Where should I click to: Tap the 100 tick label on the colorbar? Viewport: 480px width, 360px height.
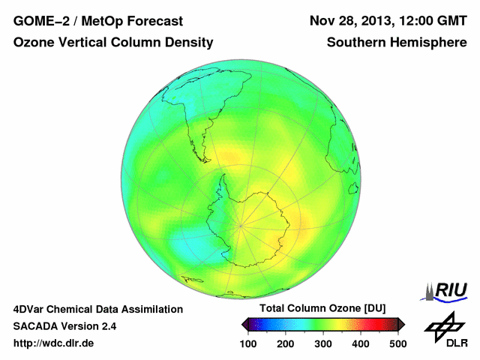249,343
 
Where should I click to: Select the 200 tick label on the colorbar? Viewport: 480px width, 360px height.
286,343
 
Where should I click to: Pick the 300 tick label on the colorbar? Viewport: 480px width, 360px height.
323,343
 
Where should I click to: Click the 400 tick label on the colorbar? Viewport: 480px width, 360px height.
360,343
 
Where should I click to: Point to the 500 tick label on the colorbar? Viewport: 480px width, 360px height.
397,343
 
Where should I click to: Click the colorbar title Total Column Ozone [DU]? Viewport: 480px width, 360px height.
323,309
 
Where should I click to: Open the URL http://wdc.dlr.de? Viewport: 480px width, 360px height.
54,343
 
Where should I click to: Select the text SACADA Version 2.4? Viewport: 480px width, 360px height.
64,326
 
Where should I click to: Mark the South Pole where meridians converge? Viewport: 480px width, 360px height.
240,223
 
